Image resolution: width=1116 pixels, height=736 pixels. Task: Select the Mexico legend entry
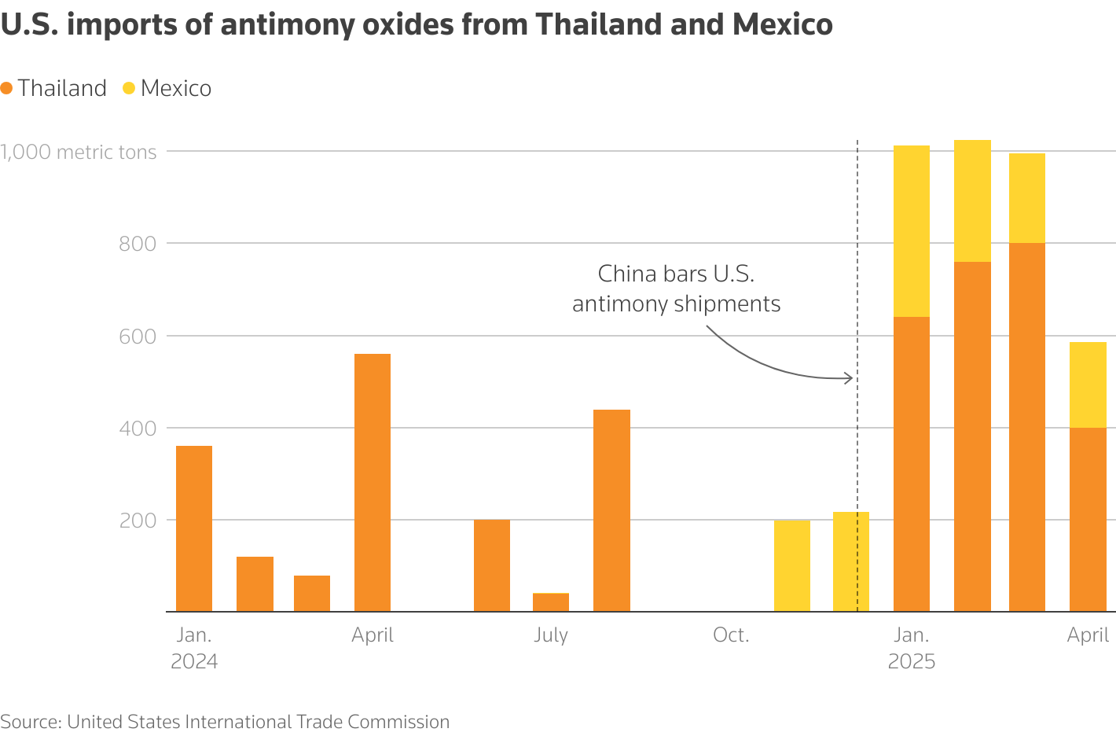tap(167, 88)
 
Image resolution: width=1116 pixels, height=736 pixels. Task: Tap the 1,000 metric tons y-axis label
tap(79, 152)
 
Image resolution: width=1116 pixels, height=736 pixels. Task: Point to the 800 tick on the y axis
tap(138, 244)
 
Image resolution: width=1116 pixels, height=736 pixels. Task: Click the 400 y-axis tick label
tap(138, 429)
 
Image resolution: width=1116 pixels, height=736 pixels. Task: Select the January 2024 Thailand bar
tap(194, 528)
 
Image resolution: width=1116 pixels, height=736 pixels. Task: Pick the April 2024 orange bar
tap(373, 482)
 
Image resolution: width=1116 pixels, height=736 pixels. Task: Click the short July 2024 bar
tap(551, 602)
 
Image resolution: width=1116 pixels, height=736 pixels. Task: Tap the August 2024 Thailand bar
tap(611, 510)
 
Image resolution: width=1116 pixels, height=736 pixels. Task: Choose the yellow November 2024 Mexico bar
tap(791, 565)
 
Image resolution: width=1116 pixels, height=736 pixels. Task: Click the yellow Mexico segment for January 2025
tap(912, 231)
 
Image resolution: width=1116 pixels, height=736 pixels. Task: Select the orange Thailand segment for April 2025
tap(1088, 519)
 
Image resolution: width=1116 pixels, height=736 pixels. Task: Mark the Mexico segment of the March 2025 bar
tap(1027, 198)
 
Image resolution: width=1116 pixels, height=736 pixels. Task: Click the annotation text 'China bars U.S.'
tap(676, 274)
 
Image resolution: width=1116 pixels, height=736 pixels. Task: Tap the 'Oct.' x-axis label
tap(731, 635)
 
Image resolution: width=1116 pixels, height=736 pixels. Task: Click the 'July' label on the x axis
tap(551, 635)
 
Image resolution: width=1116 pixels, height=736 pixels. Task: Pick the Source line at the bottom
tap(225, 721)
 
